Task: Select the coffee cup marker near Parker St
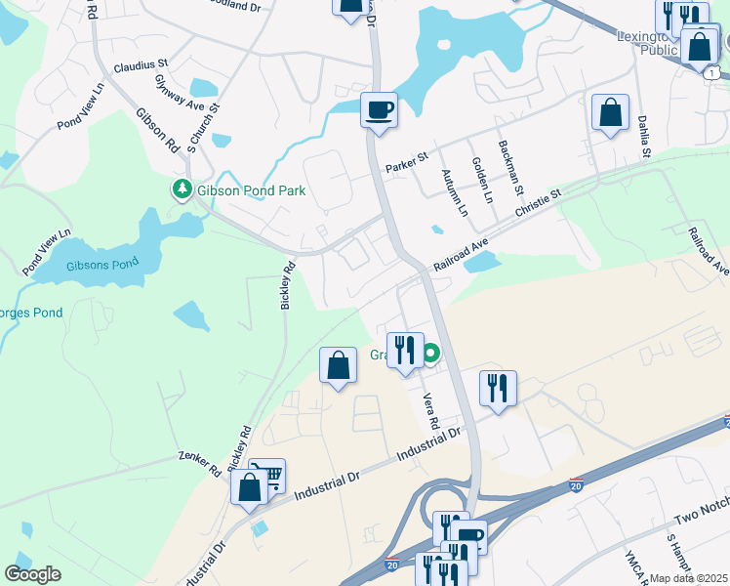379,109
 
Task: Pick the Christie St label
539,208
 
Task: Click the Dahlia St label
645,136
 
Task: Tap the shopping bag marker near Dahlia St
610,113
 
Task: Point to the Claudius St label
142,67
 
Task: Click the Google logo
32,573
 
